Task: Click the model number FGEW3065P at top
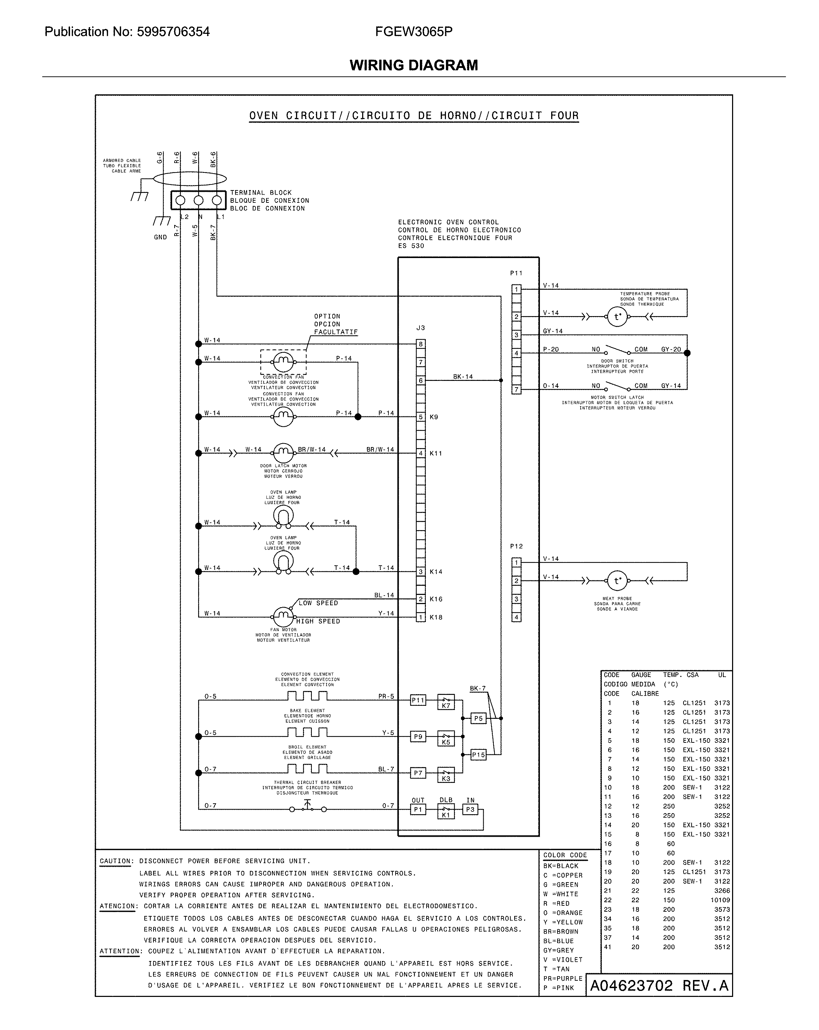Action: [x=414, y=32]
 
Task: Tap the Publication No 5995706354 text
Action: [x=127, y=32]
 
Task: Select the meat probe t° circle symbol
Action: [x=617, y=581]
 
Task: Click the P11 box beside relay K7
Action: [x=418, y=701]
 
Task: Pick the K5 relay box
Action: [x=446, y=739]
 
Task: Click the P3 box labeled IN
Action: [x=470, y=809]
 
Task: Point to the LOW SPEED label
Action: [x=318, y=603]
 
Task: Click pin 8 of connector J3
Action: [x=421, y=344]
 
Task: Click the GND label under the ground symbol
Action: [x=160, y=237]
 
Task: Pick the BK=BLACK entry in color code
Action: [x=561, y=866]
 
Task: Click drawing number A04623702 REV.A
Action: [x=659, y=986]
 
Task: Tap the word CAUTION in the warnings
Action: [x=115, y=861]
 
